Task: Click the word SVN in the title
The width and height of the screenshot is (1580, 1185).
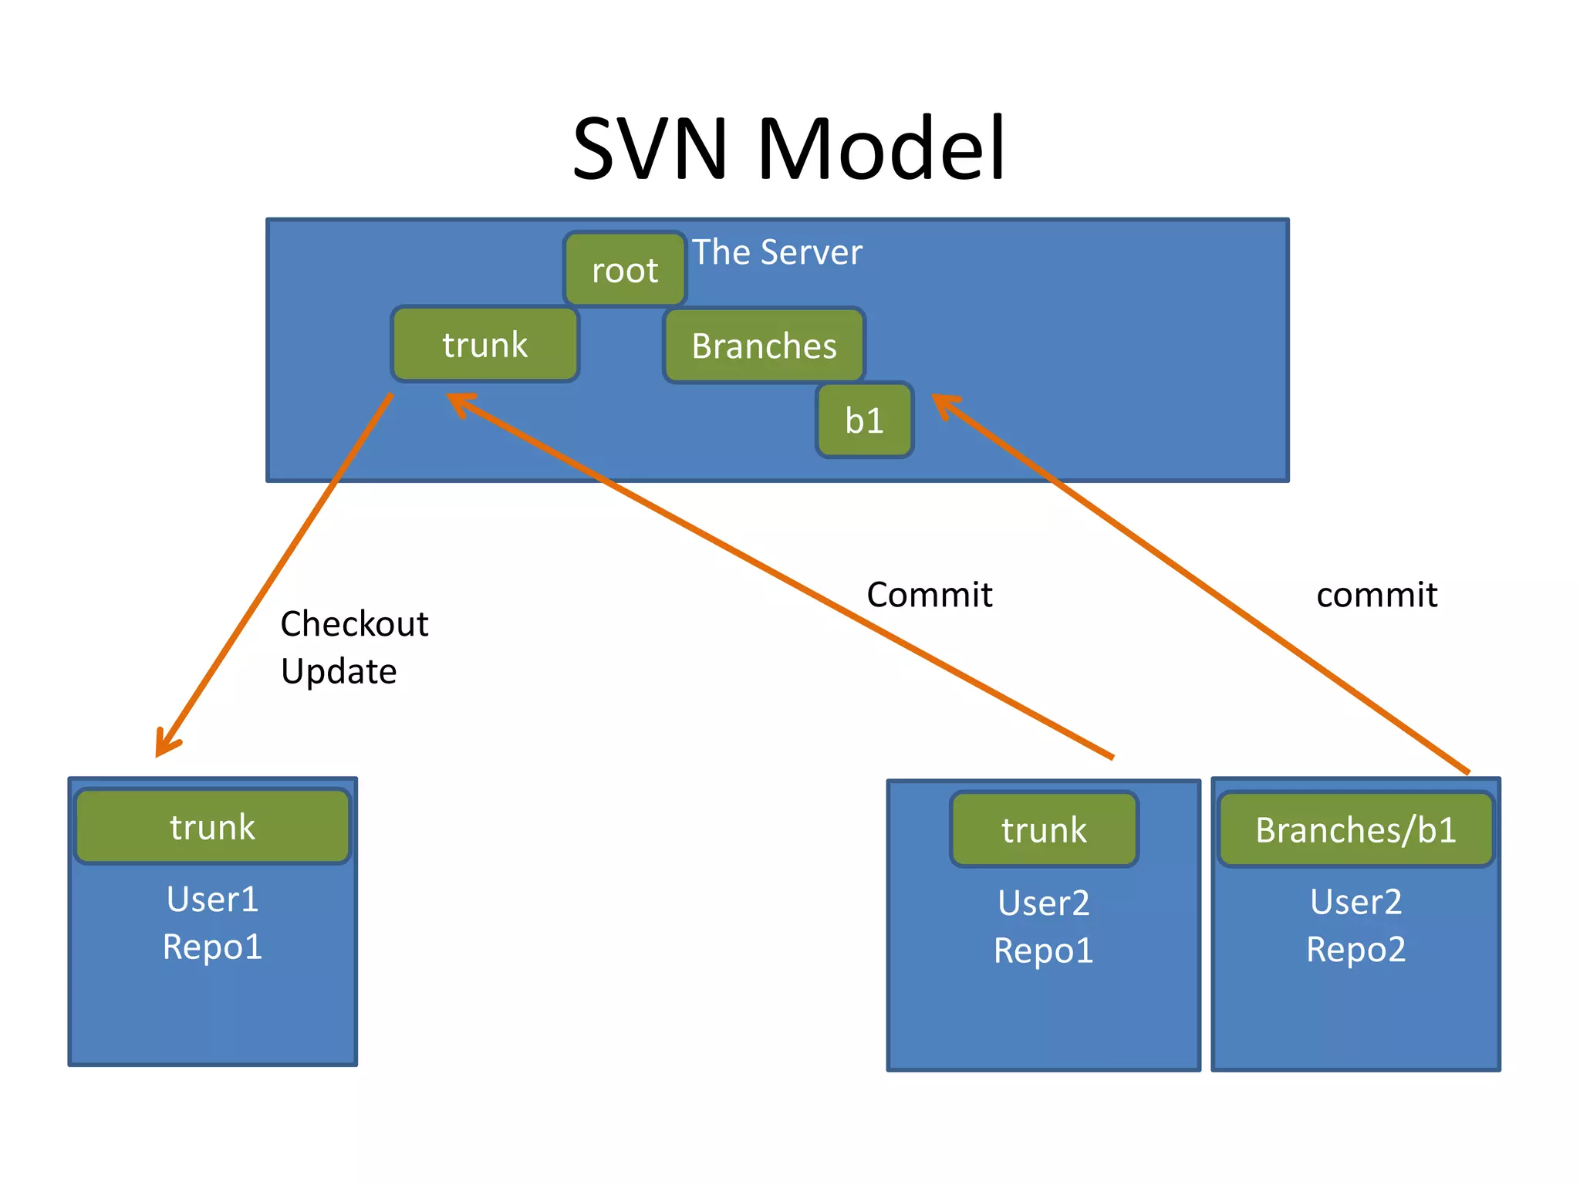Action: point(650,148)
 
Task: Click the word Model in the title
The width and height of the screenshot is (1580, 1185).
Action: point(881,148)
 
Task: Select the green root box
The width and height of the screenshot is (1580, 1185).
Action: point(625,269)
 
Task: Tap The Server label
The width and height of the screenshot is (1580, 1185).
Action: point(777,252)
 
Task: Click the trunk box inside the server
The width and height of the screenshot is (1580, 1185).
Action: point(484,344)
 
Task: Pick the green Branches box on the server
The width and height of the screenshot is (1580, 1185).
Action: point(764,346)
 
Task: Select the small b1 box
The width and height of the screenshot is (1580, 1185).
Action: point(864,420)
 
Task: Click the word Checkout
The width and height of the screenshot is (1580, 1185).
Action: point(354,623)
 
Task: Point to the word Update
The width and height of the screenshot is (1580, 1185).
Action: point(339,671)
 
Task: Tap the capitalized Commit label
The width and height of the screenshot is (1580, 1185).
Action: point(929,595)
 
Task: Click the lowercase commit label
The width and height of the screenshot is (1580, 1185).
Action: point(1376,595)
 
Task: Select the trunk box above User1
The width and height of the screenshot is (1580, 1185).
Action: point(212,826)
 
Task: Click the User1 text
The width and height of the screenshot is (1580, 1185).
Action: point(212,899)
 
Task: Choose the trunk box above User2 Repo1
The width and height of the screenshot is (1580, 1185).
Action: point(1044,829)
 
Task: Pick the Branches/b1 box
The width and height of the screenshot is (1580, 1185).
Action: point(1355,829)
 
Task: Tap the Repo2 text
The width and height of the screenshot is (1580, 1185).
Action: point(1355,949)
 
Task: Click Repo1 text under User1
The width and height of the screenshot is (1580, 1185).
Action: point(212,947)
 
